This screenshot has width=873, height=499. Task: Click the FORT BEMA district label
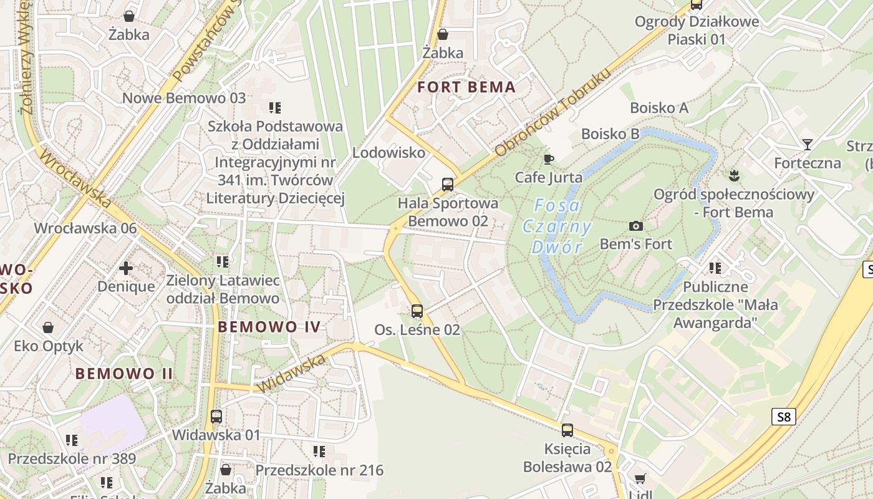click(466, 87)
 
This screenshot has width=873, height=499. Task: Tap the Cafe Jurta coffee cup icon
click(548, 160)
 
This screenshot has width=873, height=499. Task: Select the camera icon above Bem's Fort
click(635, 226)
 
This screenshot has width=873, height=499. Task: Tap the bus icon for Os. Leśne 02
click(417, 311)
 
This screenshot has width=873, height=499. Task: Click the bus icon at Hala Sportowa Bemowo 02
click(448, 184)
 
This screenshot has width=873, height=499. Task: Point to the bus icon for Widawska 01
click(216, 416)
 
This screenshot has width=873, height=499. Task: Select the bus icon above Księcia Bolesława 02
click(567, 430)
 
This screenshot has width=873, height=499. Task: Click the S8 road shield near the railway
click(784, 417)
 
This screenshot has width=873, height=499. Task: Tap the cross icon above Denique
click(126, 268)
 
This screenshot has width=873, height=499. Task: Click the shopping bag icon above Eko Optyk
click(48, 327)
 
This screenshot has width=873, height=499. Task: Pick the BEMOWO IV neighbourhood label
click(269, 327)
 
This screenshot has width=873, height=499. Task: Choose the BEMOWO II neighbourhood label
click(124, 374)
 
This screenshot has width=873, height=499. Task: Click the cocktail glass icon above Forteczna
click(808, 145)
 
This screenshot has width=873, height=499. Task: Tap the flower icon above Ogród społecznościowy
click(733, 176)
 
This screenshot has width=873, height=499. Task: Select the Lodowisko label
click(388, 153)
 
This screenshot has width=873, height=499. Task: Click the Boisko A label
click(659, 108)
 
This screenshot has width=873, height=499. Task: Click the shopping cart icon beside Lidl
click(640, 479)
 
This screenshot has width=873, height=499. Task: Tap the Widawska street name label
click(291, 373)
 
